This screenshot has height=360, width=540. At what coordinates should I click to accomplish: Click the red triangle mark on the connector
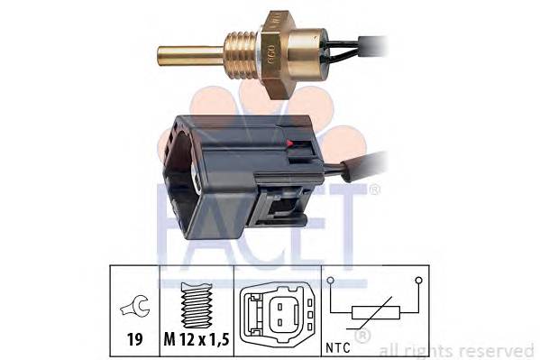(289, 143)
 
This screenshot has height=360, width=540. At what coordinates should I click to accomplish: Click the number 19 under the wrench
(135, 339)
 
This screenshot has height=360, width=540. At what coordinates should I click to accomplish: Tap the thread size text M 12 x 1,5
(197, 339)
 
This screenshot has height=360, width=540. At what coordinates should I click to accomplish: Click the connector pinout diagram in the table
(278, 313)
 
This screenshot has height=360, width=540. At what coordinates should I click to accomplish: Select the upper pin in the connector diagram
(280, 306)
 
